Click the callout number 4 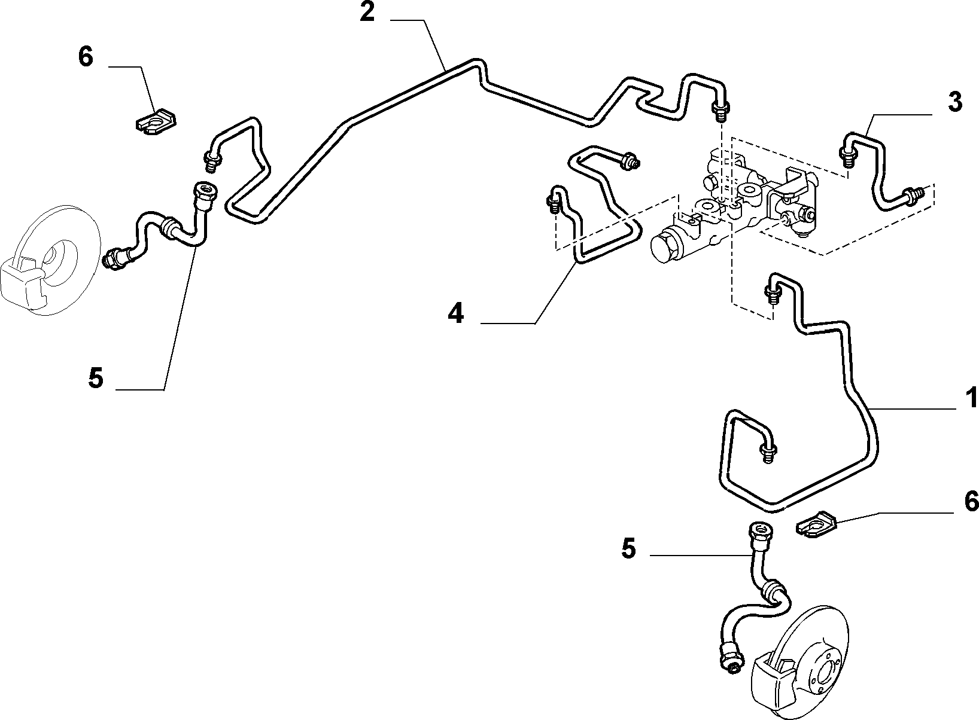tap(456, 313)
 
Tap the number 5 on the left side tap(96, 378)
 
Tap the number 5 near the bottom tap(628, 548)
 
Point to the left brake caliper tap(24, 282)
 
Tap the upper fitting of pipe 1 tap(772, 295)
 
